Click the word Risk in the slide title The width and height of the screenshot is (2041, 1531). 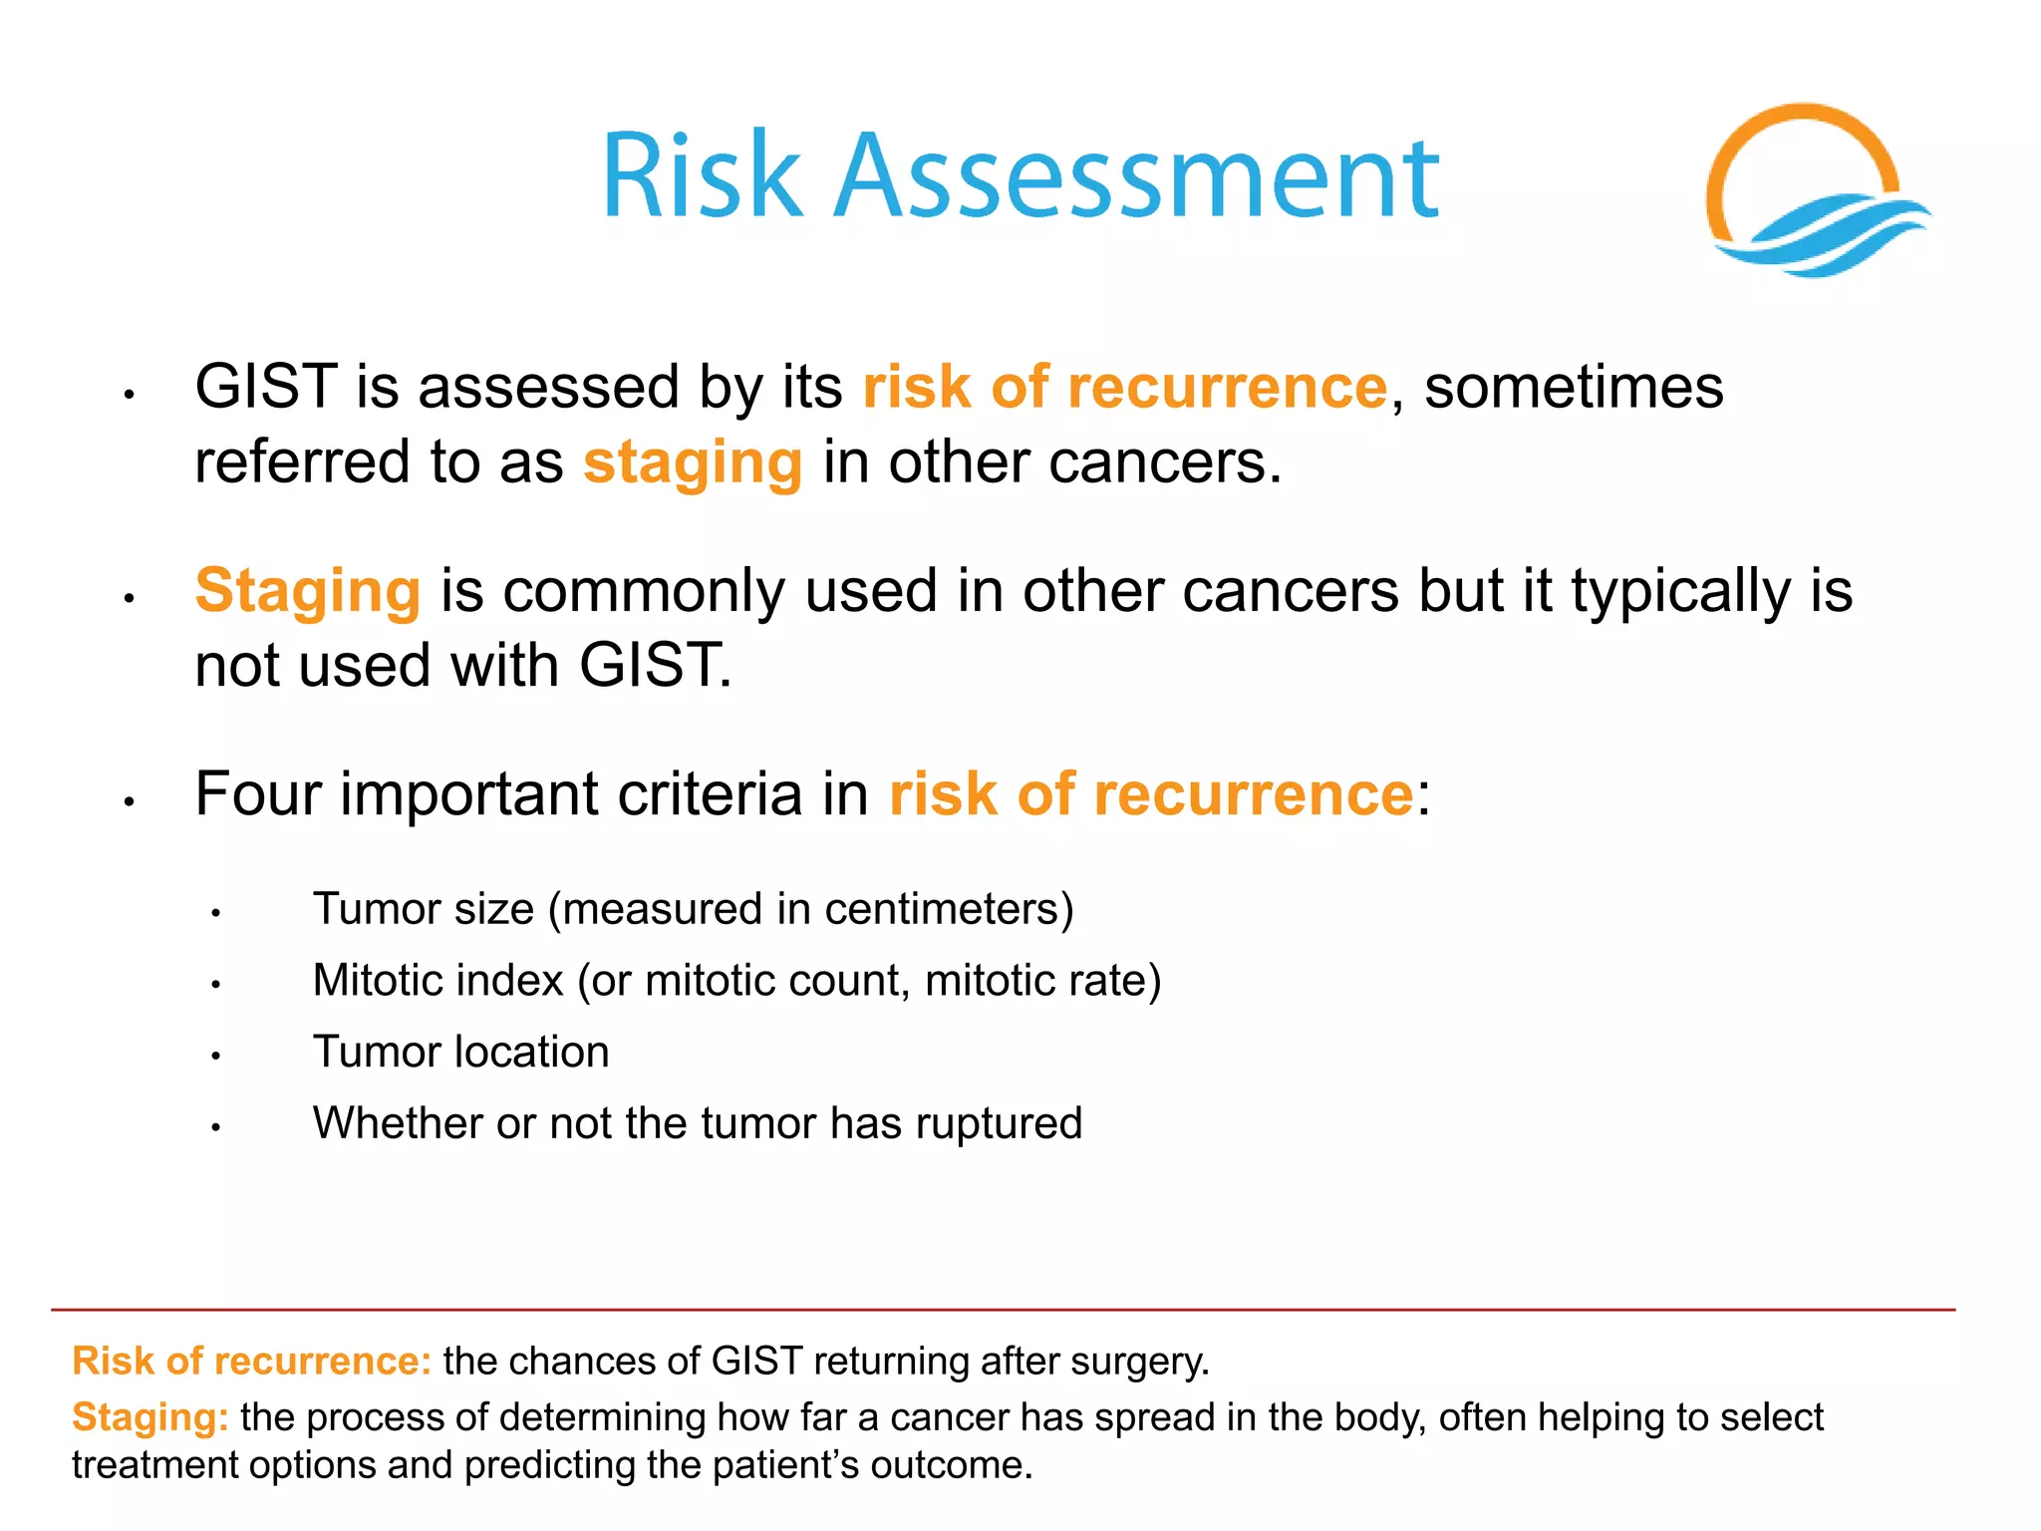pos(703,177)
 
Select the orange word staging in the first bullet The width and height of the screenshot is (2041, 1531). pos(693,464)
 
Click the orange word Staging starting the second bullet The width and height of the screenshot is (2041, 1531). pos(307,591)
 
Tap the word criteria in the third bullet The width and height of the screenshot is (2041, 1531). pos(710,794)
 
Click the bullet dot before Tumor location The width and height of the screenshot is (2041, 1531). pos(215,1056)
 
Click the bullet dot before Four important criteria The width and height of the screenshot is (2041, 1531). pos(129,800)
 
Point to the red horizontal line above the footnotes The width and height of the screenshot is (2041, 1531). pos(997,1310)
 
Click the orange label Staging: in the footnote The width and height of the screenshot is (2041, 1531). pos(150,1417)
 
